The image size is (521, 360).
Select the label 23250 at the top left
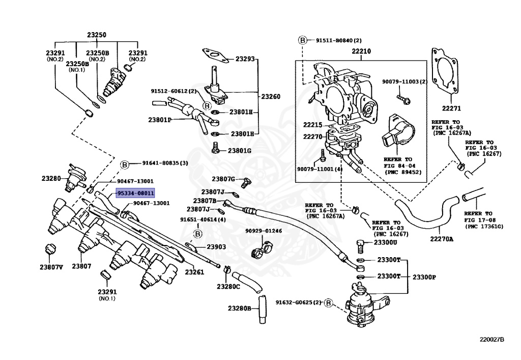96,35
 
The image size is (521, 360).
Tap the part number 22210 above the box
361,51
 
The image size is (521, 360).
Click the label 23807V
52,267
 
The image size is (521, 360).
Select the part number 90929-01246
263,231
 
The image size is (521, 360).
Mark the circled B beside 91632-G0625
328,303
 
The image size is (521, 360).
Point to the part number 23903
216,247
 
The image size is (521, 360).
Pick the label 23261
194,272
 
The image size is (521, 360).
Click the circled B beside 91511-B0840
302,40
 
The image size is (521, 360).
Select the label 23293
244,60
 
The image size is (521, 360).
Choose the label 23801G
240,151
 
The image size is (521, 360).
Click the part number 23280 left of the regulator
51,178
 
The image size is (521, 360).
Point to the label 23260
270,96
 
